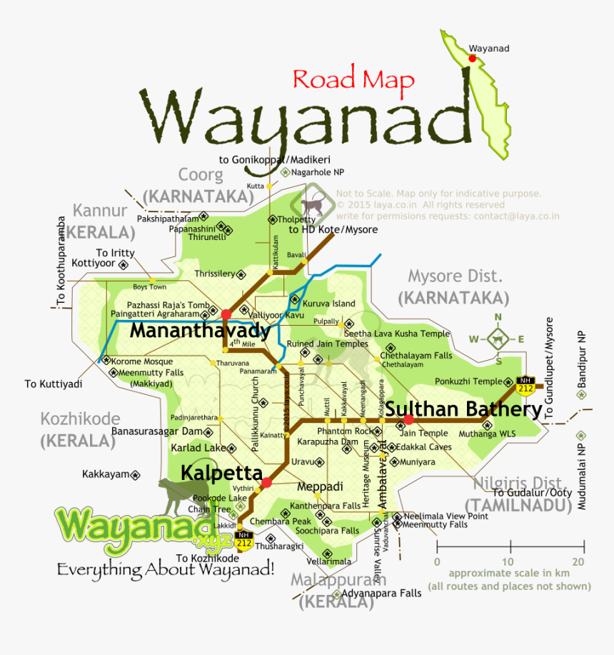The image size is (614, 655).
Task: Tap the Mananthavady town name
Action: (x=200, y=331)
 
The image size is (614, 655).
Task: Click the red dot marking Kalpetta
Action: (x=266, y=484)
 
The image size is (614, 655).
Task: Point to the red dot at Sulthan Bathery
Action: (x=408, y=419)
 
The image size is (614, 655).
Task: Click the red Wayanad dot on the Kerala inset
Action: (x=472, y=59)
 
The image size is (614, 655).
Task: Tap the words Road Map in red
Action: (x=353, y=79)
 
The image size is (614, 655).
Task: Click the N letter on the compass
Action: (x=498, y=318)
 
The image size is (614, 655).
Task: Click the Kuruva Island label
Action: (x=329, y=304)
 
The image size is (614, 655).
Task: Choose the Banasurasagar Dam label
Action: (x=158, y=431)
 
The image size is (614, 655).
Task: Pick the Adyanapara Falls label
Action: (x=382, y=593)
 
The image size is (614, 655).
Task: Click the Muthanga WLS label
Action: (x=487, y=433)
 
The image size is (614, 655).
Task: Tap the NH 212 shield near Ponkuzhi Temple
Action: (x=525, y=384)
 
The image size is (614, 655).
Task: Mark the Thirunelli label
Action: (x=207, y=237)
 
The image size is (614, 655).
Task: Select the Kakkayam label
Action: (x=106, y=474)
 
